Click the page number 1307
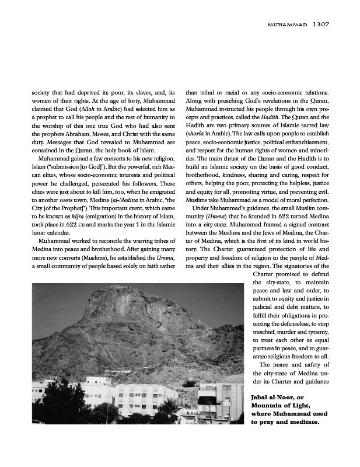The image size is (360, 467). (321, 25)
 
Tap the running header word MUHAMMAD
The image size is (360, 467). (286, 25)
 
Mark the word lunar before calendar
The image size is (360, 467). (40, 233)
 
